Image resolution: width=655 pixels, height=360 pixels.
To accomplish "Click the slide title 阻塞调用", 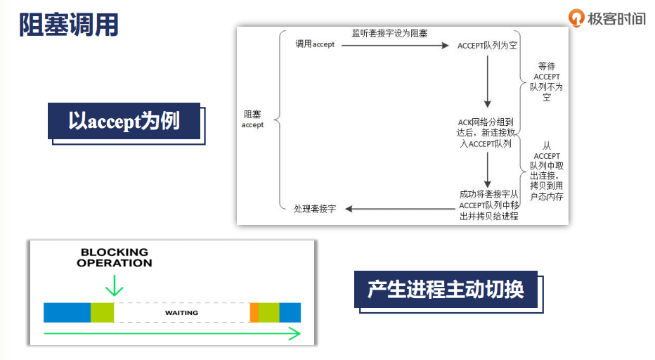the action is [x=69, y=25].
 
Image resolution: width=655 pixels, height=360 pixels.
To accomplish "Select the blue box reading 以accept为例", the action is [x=124, y=121].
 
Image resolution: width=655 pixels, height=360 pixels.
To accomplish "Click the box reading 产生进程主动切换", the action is [x=446, y=289].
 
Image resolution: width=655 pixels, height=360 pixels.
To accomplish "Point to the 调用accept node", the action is [x=315, y=44].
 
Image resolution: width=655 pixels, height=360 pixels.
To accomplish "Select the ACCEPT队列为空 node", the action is [x=487, y=45].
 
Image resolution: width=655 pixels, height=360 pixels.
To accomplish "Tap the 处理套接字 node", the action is [x=315, y=209].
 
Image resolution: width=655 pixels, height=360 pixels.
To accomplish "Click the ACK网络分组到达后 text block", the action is [x=486, y=132].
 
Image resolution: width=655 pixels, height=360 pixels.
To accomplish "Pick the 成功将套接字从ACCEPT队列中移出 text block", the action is [x=488, y=204].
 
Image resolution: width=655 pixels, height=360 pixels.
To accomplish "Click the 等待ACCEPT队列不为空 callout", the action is [x=547, y=81].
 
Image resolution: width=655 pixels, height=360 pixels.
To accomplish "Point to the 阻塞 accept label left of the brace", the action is [x=252, y=119].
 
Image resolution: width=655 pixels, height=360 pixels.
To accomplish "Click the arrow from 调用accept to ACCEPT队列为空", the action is [x=394, y=46].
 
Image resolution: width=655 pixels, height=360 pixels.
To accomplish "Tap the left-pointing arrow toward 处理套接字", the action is [x=401, y=209].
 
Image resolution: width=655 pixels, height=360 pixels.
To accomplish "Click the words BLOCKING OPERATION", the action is [x=115, y=257].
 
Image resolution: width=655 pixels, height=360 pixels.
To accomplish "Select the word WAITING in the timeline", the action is [x=181, y=312].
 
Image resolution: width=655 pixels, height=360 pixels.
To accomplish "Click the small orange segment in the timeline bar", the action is [x=254, y=312].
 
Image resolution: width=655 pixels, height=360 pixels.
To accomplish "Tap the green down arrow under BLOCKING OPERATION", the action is [x=114, y=285].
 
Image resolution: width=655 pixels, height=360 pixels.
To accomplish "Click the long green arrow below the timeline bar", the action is [x=172, y=334].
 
